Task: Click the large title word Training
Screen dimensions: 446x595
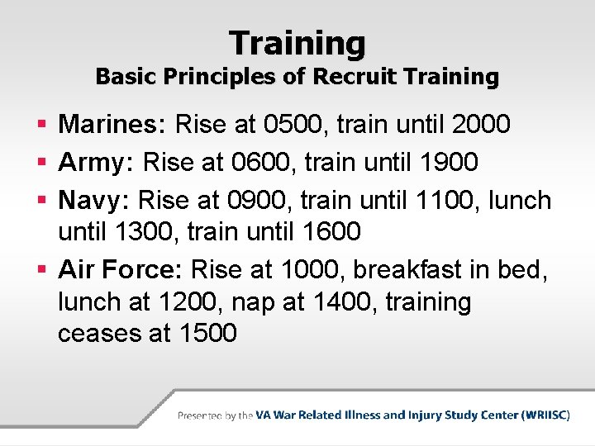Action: pos(297,42)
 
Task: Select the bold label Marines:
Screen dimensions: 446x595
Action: pos(114,125)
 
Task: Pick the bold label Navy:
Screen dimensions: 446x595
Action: pos(94,199)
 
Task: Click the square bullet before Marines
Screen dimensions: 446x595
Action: pos(43,126)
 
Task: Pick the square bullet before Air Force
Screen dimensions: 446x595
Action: pos(43,270)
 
